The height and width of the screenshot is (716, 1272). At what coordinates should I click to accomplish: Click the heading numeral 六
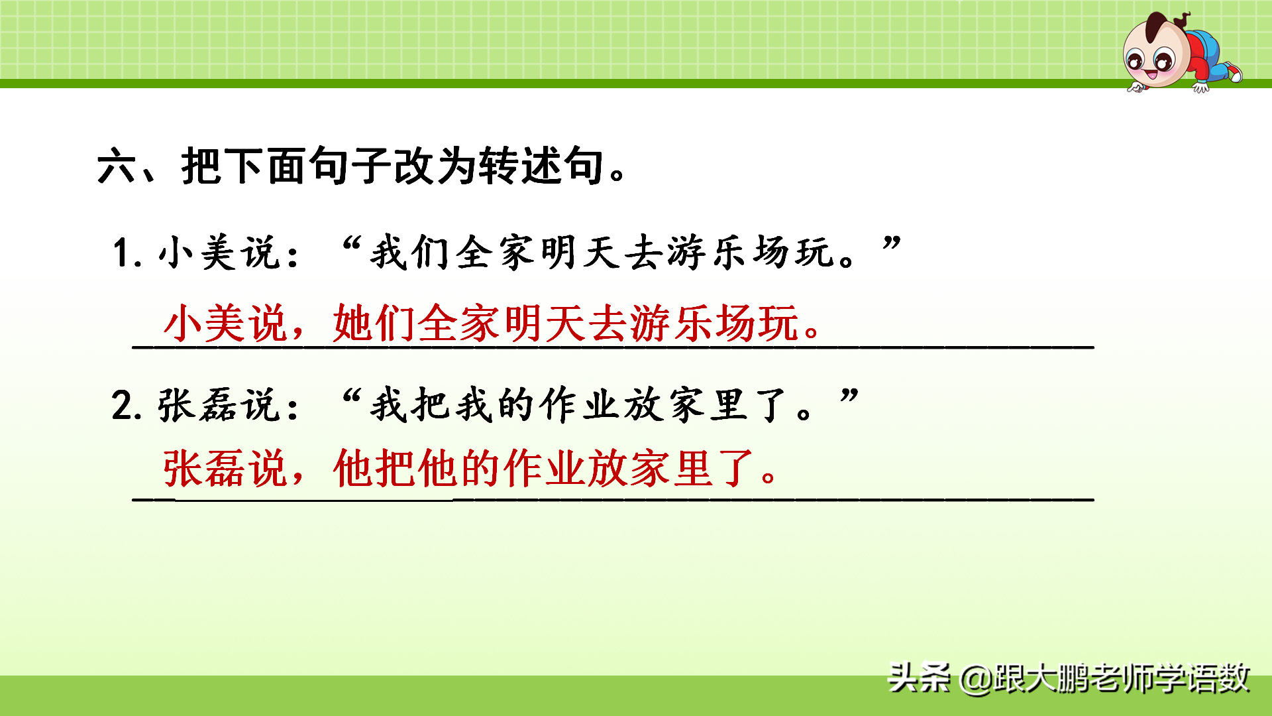pyautogui.click(x=117, y=166)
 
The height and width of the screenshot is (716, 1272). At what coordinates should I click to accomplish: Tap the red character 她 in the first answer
pyautogui.click(x=353, y=324)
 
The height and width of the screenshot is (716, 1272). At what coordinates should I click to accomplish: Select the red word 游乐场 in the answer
pyautogui.click(x=692, y=324)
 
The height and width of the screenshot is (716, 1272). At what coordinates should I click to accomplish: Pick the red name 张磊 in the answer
pyautogui.click(x=205, y=469)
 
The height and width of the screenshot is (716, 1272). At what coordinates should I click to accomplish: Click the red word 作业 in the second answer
pyautogui.click(x=545, y=469)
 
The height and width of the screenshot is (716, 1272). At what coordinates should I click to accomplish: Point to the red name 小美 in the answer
pyautogui.click(x=205, y=324)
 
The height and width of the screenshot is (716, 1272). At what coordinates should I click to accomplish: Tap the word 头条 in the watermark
pyautogui.click(x=920, y=678)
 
